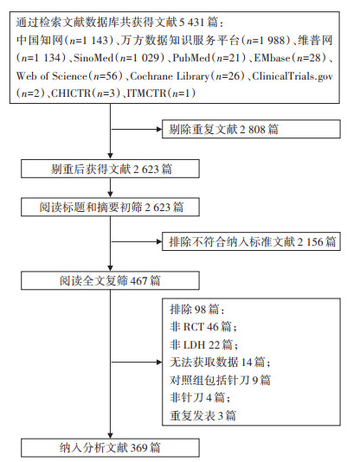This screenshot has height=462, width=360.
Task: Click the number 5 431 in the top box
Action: coord(192,22)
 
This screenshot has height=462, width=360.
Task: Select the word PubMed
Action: coord(192,58)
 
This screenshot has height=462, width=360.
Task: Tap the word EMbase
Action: coord(273,58)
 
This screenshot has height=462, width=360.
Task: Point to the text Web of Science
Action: coord(52,76)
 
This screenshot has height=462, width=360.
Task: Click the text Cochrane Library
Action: coord(170,76)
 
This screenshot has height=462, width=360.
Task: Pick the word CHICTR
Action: coord(71,93)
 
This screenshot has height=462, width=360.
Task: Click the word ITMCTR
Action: coord(146,93)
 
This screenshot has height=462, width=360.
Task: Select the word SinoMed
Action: coord(93,58)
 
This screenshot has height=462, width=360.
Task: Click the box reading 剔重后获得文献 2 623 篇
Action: coord(110,169)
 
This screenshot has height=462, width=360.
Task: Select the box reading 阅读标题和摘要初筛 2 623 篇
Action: coord(110,207)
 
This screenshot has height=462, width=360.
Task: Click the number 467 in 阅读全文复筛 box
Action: coord(138,281)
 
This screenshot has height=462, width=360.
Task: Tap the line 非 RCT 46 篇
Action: coord(203,327)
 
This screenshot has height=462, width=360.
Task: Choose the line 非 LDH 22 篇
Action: coord(204,344)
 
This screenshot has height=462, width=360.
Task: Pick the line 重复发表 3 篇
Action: coord(203,416)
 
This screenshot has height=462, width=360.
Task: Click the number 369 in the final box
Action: coord(138,448)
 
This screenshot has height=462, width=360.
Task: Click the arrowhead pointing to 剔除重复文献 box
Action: coord(159,129)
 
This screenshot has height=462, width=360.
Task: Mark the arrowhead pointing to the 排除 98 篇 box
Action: coord(159,363)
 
